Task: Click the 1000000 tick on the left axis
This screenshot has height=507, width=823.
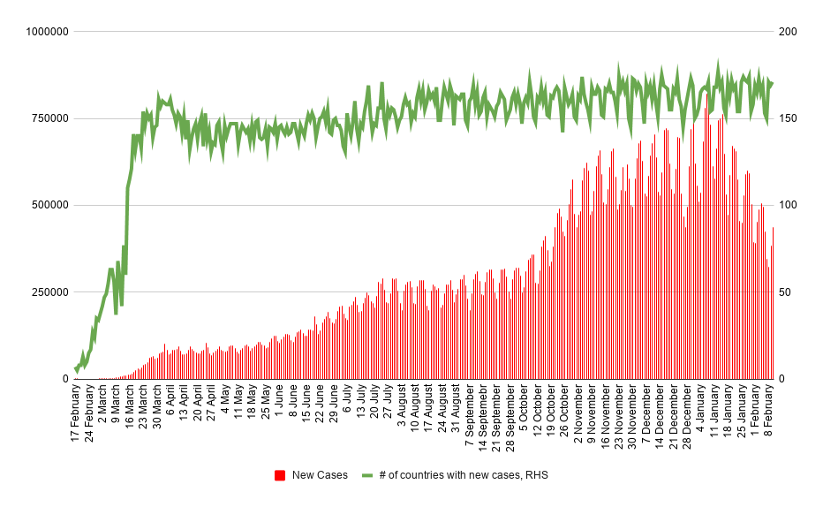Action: point(47,32)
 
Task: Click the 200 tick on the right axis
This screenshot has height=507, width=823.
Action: point(788,32)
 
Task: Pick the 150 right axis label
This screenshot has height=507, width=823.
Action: point(788,118)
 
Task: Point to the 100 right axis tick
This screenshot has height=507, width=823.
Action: point(788,205)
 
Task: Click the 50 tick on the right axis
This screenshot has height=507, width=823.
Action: point(785,292)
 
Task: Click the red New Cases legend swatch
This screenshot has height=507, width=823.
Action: point(280,475)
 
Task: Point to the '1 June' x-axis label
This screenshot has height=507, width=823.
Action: point(280,405)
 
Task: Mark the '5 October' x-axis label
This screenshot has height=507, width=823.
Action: point(524,410)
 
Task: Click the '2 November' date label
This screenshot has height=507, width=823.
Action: point(578,412)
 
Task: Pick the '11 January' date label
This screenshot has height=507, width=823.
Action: point(714,412)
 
